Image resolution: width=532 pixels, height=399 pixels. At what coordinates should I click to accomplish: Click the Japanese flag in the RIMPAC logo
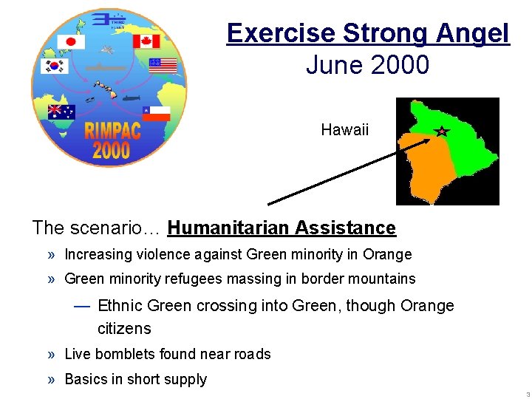(x=72, y=42)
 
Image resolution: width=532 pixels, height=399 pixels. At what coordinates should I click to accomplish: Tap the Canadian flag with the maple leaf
(x=146, y=41)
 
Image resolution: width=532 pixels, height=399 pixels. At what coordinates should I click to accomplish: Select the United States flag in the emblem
(x=163, y=66)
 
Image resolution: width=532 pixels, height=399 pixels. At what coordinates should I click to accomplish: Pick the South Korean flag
(x=54, y=66)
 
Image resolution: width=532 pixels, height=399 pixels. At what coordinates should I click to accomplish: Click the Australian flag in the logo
(x=61, y=112)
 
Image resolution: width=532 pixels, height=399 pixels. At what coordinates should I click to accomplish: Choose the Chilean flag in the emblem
(x=156, y=113)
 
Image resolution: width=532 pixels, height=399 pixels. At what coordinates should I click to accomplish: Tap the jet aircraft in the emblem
(x=109, y=50)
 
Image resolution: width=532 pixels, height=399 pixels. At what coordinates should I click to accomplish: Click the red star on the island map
(x=441, y=132)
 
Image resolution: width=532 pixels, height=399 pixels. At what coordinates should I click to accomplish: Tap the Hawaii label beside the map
(x=344, y=131)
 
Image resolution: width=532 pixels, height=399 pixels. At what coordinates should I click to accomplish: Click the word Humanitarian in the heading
(x=229, y=228)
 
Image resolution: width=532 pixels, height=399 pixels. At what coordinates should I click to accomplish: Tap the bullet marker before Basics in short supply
(x=52, y=380)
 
